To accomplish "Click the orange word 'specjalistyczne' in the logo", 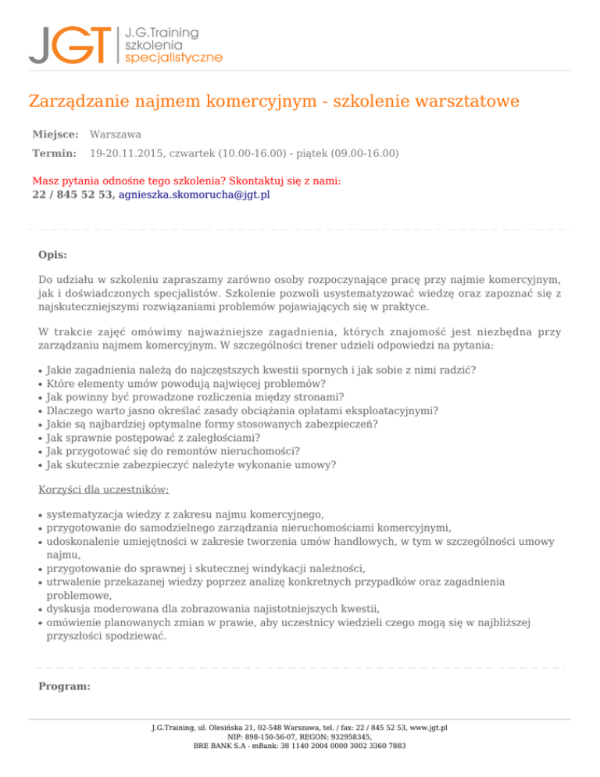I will [x=173, y=58].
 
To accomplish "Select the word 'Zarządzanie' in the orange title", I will [x=76, y=102].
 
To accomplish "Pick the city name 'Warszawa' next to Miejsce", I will [x=116, y=135].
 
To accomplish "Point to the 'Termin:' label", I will [x=54, y=154].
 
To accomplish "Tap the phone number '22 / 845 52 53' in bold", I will [x=73, y=195].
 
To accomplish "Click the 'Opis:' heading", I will [x=52, y=255].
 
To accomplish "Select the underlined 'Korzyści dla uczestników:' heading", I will [x=104, y=489].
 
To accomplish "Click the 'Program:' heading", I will [x=64, y=687].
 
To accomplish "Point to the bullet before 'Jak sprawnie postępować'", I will [x=40, y=439].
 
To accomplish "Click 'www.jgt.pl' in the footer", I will [x=428, y=728].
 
